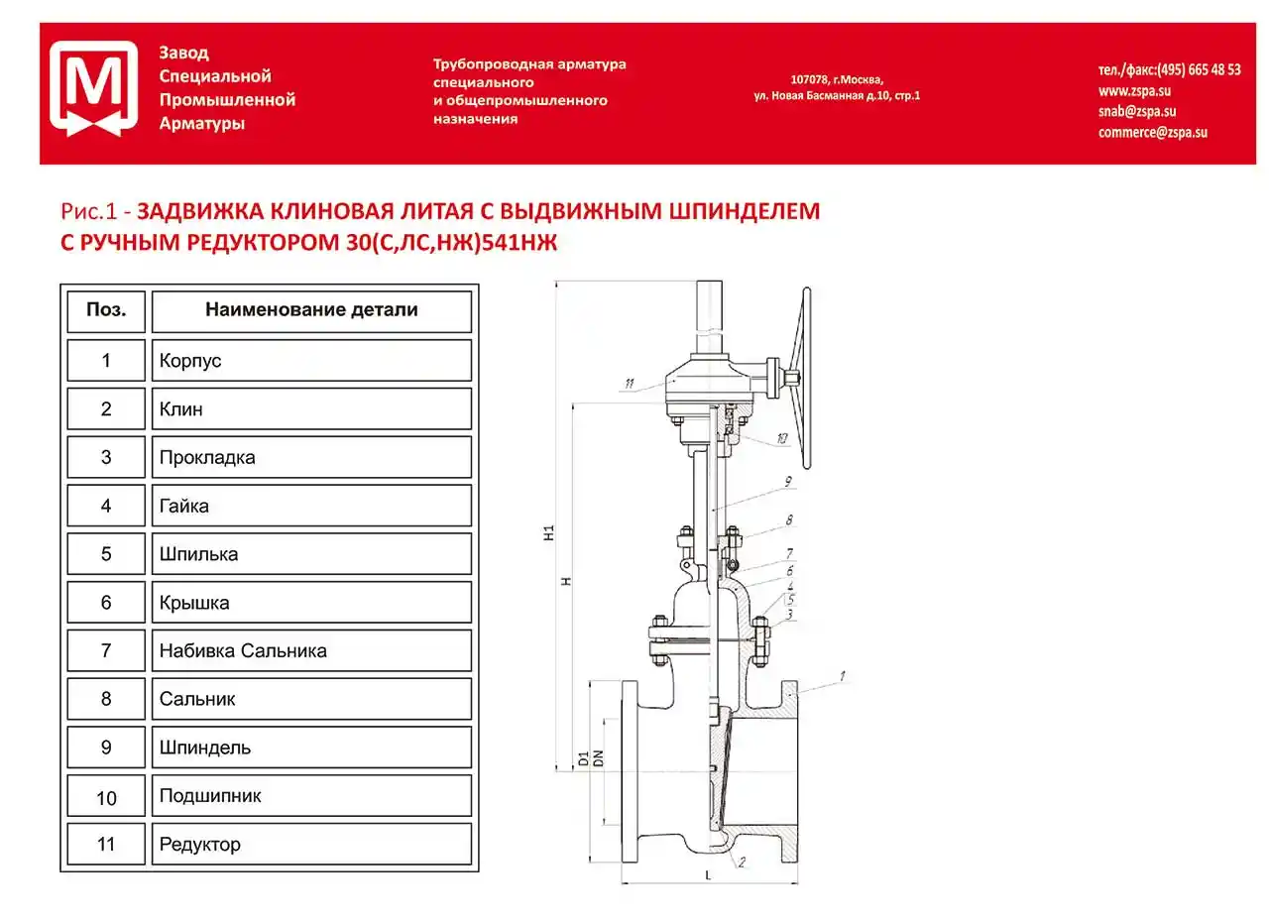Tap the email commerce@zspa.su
[1152, 132]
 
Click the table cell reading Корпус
[310, 360]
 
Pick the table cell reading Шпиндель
[310, 748]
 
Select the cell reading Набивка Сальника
[310, 650]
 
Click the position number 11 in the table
[106, 844]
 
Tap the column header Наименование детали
[310, 310]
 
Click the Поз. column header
[106, 310]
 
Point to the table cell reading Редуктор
[310, 844]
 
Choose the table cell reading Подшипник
[310, 796]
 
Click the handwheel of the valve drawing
[805, 378]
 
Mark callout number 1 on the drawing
[842, 676]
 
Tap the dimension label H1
[548, 533]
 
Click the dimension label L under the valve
[708, 875]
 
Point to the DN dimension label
[598, 759]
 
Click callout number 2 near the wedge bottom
[742, 863]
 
